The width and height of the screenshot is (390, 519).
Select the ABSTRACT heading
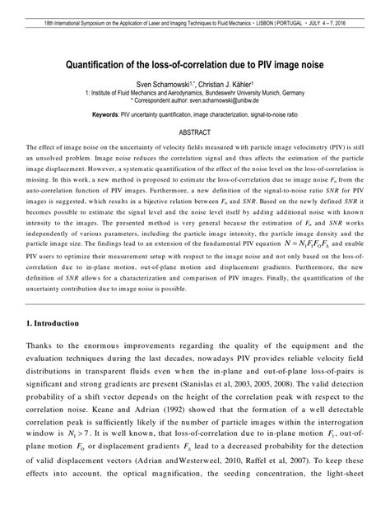click(195, 132)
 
